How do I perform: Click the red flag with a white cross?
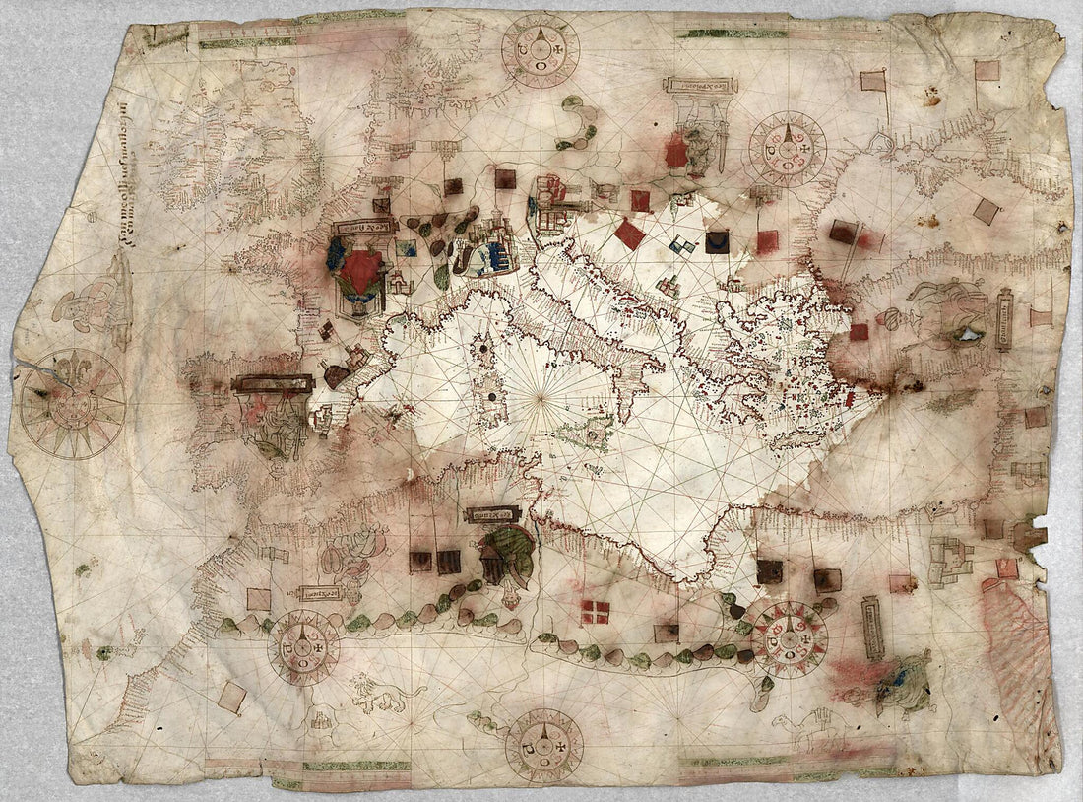coord(595,612)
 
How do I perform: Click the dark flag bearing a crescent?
coord(718,241)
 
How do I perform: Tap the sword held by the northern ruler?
coord(724,148)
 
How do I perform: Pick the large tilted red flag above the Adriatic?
coord(629,234)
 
